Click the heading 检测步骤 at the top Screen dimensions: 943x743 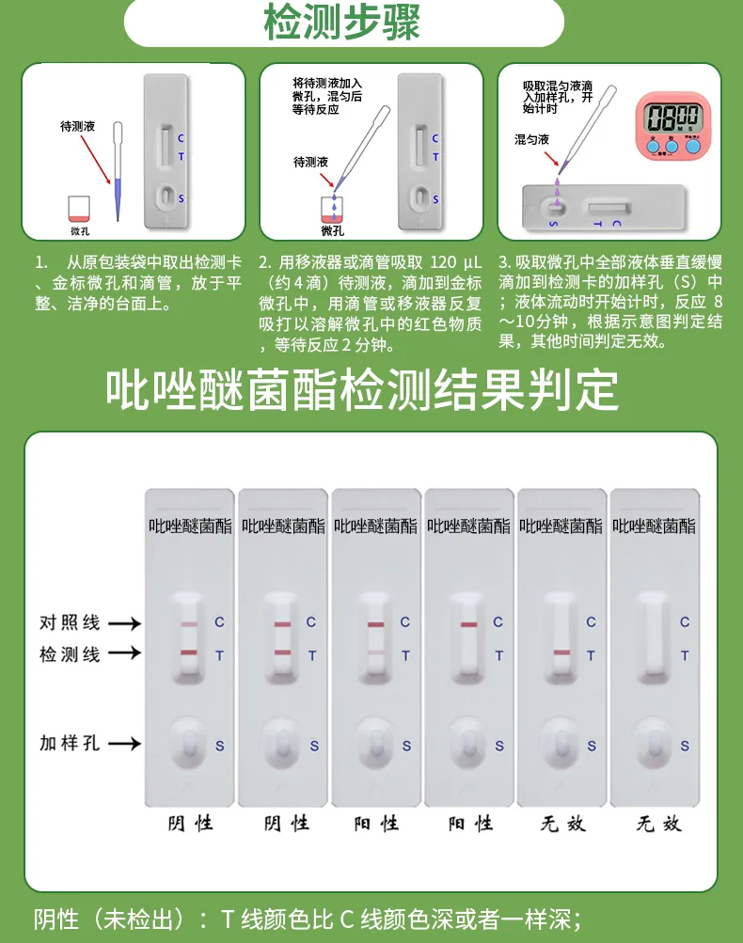click(x=342, y=24)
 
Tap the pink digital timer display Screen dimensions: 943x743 click(x=672, y=122)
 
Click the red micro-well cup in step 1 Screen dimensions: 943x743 click(x=80, y=209)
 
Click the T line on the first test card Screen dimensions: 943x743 click(x=188, y=652)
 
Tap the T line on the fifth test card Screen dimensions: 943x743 click(x=561, y=652)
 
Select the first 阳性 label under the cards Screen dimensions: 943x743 click(x=375, y=824)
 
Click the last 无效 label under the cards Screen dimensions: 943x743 click(x=657, y=824)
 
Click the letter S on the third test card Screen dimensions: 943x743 click(x=406, y=747)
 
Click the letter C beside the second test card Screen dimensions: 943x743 click(x=311, y=622)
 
